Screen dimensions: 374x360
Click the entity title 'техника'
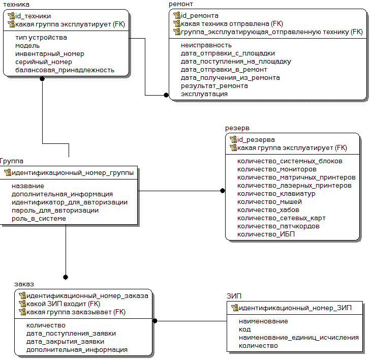click(16, 4)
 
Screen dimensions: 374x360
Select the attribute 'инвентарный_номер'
click(50, 54)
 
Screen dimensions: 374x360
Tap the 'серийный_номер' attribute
click(44, 62)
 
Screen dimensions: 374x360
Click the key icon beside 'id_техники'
click(11, 16)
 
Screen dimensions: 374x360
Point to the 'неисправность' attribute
click(206, 45)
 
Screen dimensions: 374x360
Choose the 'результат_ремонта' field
click(214, 86)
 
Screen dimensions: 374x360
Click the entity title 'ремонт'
click(180, 4)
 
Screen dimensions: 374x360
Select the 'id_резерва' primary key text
click(256, 140)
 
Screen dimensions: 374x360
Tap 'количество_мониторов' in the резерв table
click(277, 169)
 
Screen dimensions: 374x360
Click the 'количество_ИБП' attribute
click(266, 234)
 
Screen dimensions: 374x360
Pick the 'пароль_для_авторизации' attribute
click(55, 211)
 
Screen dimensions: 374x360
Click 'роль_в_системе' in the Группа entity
click(39, 219)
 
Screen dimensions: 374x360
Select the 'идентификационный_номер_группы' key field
click(73, 172)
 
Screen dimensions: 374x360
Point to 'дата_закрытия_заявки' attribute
click(65, 342)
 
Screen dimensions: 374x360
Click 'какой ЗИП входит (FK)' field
click(63, 304)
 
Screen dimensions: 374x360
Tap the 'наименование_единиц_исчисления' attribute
click(299, 338)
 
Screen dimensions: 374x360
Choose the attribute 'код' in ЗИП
click(245, 329)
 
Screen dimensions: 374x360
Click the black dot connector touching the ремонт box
click(166, 95)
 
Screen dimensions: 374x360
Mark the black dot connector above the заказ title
click(66, 277)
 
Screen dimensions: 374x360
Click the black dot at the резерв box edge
click(223, 191)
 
